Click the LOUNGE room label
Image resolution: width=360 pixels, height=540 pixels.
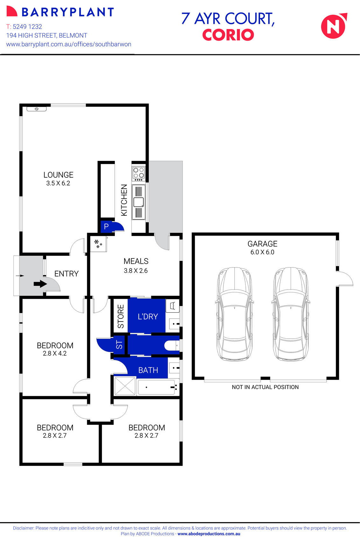pos(58,175)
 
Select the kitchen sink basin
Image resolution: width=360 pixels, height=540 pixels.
pos(139,202)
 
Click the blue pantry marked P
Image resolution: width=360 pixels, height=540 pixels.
pos(107,226)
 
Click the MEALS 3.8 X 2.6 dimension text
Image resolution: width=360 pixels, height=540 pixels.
pos(136,271)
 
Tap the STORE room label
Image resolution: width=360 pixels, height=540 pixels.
pos(121,316)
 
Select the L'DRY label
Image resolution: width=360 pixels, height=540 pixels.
pos(148,316)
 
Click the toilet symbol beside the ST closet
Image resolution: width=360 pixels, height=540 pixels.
pos(172,346)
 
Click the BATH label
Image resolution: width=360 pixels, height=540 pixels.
pos(148,370)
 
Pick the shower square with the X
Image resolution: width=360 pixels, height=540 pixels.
pos(125,386)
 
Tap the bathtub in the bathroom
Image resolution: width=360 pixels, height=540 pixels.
pos(156,387)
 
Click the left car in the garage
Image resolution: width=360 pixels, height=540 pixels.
pos(235,314)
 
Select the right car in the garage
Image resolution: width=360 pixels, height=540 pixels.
pos(291,314)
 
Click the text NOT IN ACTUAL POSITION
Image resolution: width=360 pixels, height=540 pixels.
pos(265,387)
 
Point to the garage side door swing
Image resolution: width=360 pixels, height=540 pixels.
pos(345,279)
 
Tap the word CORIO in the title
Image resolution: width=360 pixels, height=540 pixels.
pos(228,35)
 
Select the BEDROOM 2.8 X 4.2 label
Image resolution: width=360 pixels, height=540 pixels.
pos(55,349)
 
